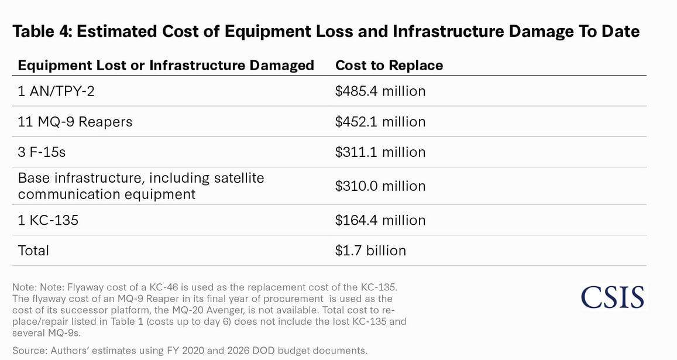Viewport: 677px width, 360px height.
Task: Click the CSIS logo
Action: tap(612, 297)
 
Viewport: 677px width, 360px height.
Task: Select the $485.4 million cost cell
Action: tap(380, 91)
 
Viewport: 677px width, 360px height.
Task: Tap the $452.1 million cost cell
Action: tap(380, 122)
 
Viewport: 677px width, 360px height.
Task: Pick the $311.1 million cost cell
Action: tap(380, 152)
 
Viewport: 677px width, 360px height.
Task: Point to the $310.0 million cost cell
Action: tap(380, 186)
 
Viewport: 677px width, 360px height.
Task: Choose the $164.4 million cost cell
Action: tap(380, 220)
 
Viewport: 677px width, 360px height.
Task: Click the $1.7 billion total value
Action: tap(370, 251)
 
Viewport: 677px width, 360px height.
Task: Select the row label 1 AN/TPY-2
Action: tap(56, 91)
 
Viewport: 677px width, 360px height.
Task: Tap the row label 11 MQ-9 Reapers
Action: tap(75, 122)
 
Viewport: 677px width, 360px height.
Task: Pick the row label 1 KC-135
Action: tap(48, 220)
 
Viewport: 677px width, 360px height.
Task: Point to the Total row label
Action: tap(33, 251)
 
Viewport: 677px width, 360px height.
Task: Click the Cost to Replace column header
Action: tap(389, 65)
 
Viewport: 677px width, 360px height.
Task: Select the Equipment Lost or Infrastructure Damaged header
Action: tap(166, 65)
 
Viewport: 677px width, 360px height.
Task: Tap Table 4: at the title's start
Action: tap(42, 32)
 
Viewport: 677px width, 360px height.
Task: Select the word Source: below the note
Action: tap(29, 351)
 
